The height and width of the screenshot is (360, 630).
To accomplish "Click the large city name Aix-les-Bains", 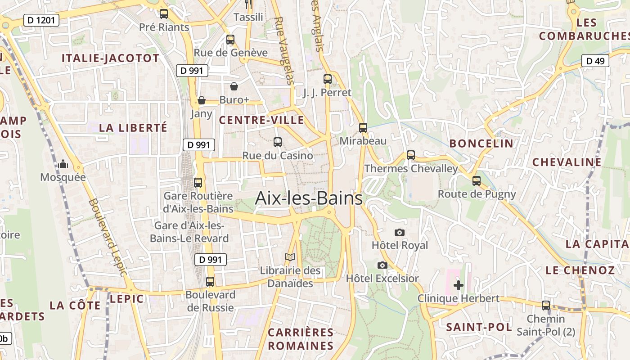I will point(309,198).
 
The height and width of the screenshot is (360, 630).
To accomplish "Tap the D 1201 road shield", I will point(41,20).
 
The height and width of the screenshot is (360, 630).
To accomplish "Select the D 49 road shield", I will point(595,61).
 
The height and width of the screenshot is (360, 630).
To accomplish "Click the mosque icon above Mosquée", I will point(63,164).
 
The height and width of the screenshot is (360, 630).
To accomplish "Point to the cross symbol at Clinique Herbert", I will point(459,285).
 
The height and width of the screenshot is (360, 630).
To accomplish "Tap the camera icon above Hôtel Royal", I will point(399,232).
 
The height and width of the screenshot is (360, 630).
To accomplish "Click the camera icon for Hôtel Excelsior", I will point(382,265).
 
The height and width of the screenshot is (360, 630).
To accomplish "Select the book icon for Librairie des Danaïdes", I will point(290,257).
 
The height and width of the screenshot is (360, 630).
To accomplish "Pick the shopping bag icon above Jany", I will point(202,100).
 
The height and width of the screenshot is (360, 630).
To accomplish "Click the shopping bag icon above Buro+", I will point(234,86).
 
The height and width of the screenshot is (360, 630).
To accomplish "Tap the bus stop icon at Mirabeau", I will point(363,128).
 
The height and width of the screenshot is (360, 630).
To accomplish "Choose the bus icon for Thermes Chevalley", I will point(411,155).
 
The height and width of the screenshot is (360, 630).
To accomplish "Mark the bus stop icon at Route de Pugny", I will point(477,181).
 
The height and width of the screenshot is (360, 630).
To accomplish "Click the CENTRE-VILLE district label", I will point(261,120).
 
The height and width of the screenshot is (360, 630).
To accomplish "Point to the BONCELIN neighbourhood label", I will point(481,144).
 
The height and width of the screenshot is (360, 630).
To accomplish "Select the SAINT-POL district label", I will point(479,327).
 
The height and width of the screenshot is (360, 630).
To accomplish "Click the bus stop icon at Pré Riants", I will point(164,14).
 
